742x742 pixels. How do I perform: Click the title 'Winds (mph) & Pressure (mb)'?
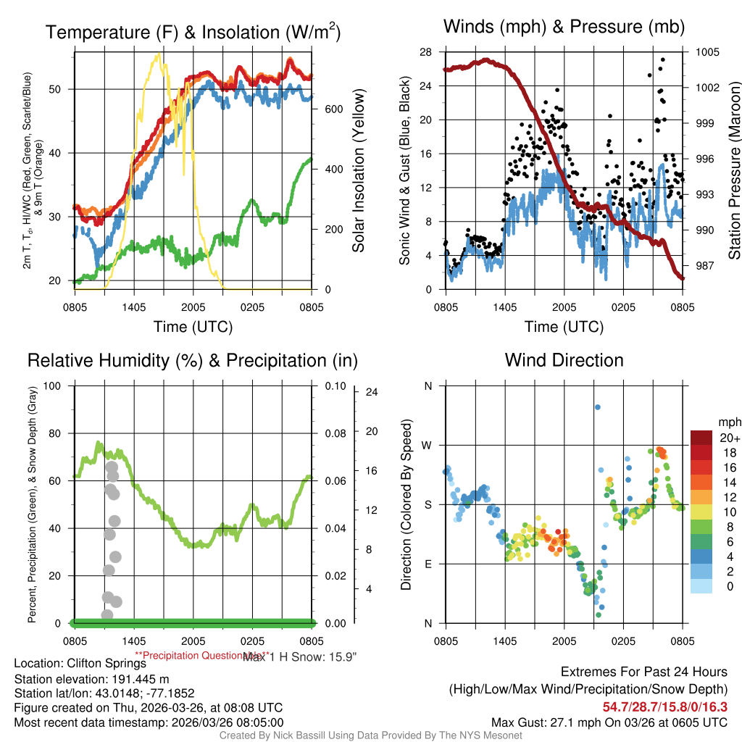click(564, 28)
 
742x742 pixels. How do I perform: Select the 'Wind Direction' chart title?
click(564, 360)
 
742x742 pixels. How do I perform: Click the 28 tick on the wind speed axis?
click(426, 52)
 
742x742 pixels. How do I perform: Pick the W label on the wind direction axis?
click(428, 445)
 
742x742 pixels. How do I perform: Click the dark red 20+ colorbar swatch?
click(703, 438)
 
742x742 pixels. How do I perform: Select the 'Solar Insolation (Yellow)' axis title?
click(358, 171)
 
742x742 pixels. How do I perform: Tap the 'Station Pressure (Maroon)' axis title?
click(733, 171)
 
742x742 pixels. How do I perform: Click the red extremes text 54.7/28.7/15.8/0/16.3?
click(664, 706)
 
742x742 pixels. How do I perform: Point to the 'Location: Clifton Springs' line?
click(80, 663)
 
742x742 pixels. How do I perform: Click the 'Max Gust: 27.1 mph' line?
click(609, 722)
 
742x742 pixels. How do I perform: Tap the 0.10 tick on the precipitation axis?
click(335, 385)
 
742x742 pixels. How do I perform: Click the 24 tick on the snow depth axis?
click(372, 393)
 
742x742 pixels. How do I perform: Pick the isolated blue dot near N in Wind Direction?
click(598, 407)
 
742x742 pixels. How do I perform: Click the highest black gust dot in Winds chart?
click(663, 60)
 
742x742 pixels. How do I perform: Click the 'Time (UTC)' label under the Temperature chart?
click(193, 327)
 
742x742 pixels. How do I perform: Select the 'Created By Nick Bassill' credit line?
click(371, 735)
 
